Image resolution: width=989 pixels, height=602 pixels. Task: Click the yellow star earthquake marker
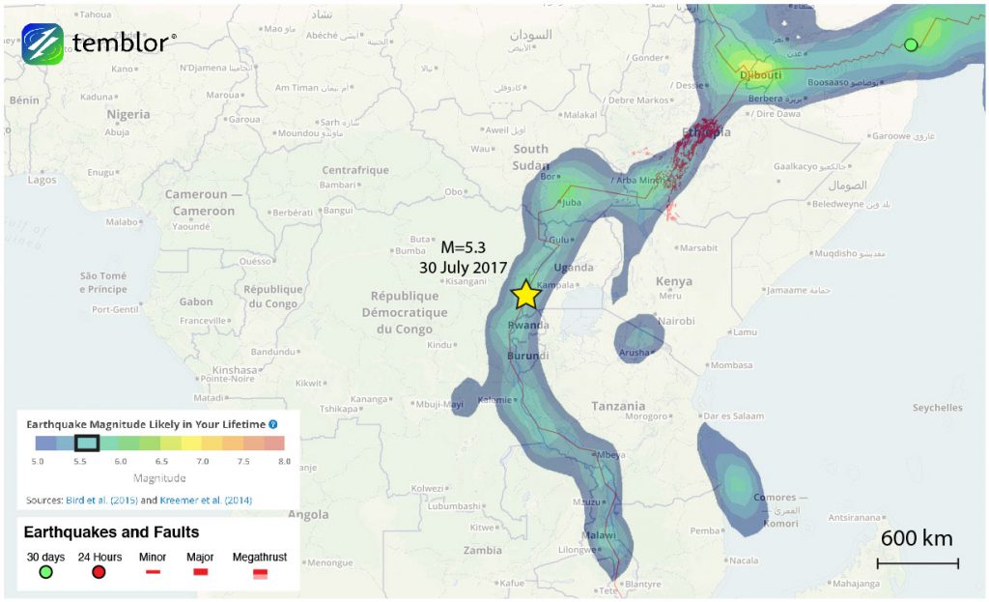(524, 295)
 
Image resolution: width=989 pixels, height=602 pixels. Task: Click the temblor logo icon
(42, 43)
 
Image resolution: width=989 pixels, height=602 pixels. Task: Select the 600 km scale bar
(917, 561)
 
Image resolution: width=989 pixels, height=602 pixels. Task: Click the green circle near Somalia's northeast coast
(910, 44)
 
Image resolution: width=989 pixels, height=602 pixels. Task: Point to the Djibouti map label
(759, 74)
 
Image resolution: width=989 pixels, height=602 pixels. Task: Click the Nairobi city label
(676, 321)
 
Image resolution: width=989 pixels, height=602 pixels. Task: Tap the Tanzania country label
(618, 406)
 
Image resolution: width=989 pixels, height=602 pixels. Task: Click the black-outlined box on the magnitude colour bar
(87, 443)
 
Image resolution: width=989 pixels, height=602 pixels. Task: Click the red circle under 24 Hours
(99, 572)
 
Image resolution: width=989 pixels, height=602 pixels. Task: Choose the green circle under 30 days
(45, 572)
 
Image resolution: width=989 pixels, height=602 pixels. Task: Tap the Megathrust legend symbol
(259, 573)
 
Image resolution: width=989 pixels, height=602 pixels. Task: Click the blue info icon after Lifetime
(273, 424)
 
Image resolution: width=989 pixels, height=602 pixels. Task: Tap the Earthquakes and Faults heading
(111, 532)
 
